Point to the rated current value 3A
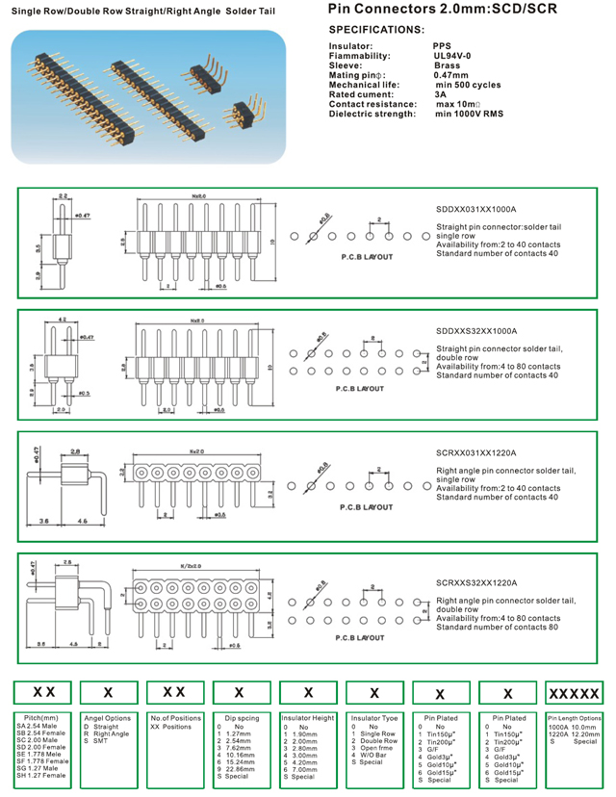440,94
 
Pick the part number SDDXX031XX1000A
476,208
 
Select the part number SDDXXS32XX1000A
476,330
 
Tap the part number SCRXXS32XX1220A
476,582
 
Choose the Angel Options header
107,718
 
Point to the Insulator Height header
308,718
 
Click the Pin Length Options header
575,718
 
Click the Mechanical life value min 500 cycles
468,85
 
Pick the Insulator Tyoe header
374,718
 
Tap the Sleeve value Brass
448,65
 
